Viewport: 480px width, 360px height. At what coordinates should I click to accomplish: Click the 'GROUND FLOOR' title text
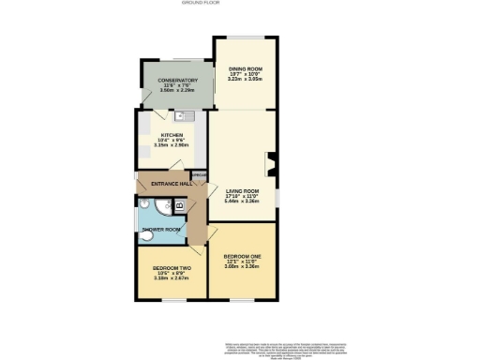[x=239, y=4]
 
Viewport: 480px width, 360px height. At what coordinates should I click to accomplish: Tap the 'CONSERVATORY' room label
[x=177, y=81]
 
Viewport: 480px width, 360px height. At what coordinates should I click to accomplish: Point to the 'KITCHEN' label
[x=173, y=135]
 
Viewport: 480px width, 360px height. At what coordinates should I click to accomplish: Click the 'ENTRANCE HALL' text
[x=166, y=184]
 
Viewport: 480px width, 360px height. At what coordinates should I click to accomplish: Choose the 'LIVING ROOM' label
[x=242, y=190]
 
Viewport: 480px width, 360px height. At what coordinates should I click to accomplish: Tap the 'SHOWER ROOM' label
[x=160, y=230]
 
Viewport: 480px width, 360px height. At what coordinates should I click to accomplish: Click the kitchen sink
[x=184, y=115]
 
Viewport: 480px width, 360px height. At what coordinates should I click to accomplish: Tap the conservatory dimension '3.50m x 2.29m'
[x=177, y=92]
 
